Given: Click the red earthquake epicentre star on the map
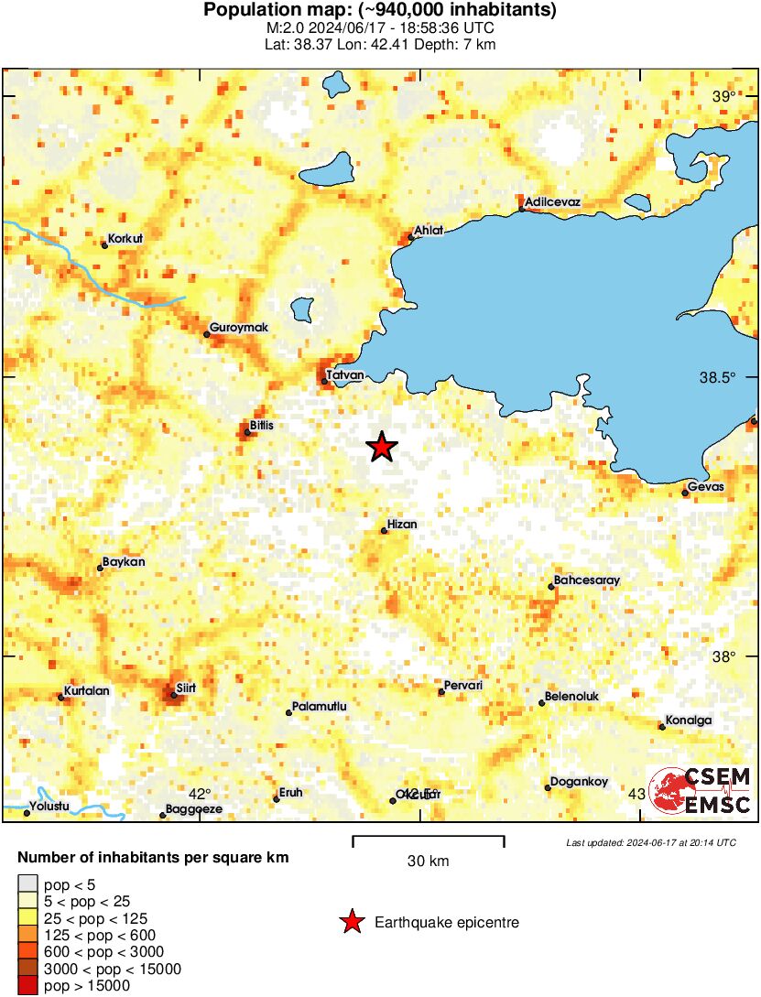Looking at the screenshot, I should point(382,447).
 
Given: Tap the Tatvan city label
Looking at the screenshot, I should point(346,375).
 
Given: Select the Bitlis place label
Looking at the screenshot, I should point(262,426).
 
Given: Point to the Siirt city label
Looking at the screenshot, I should point(186,687).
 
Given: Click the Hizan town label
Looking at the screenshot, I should point(402,525).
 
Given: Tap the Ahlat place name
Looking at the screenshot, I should point(429,231).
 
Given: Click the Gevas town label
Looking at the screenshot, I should point(705,487).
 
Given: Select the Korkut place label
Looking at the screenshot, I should point(125,239).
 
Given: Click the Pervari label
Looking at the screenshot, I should point(462,686).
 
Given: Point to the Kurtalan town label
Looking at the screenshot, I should point(87,691).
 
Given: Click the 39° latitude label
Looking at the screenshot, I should point(723,97).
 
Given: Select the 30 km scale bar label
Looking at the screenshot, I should point(428,861).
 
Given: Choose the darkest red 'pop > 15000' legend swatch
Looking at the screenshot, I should point(27,986).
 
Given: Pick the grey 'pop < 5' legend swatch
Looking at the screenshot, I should point(27,884).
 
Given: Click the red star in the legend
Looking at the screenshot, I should point(351,923).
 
